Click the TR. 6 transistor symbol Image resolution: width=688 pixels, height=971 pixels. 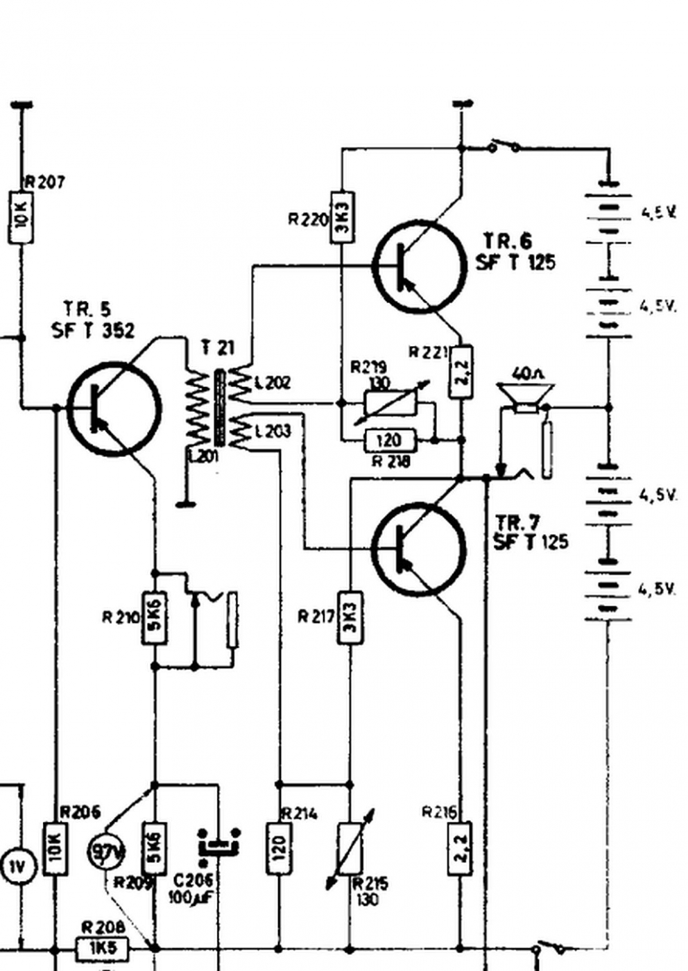(419, 266)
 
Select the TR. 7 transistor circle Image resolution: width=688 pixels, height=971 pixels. (419, 549)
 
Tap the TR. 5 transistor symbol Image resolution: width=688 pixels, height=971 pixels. (114, 408)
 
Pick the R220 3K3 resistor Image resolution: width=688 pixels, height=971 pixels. (341, 217)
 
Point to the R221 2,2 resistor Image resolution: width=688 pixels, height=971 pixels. (461, 372)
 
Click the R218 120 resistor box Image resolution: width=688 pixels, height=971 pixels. (390, 440)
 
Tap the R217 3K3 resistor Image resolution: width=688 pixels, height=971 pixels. (350, 617)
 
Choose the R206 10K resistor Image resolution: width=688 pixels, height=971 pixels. (55, 848)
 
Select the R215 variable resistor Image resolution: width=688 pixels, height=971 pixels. (350, 848)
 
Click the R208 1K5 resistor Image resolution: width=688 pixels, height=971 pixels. (101, 948)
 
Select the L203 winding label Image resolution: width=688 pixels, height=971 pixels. (273, 431)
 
